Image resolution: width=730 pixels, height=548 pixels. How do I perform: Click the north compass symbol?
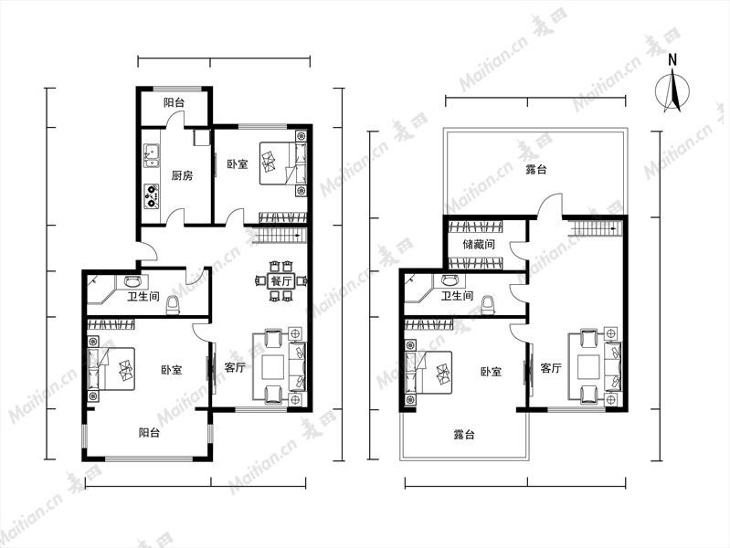tap(672, 90)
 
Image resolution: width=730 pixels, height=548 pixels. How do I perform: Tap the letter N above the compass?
tap(672, 59)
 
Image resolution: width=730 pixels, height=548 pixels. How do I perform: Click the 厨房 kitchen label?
tap(182, 175)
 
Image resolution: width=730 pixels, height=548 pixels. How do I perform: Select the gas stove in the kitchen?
tap(152, 196)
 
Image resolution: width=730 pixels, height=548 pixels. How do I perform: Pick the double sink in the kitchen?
tap(152, 155)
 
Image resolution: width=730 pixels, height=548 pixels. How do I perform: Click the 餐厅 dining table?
tap(281, 281)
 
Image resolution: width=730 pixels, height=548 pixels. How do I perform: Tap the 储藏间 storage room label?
tap(479, 244)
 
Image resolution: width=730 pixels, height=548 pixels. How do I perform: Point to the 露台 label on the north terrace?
tap(536, 170)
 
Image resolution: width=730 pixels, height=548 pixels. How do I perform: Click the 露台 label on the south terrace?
tap(464, 435)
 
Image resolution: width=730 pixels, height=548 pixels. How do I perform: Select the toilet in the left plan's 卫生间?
tap(173, 304)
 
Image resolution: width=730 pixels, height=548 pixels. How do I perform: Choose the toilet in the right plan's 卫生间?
tap(488, 305)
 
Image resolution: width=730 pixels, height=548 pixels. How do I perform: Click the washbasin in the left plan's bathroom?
tap(132, 280)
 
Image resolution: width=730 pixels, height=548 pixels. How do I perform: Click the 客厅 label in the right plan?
tap(551, 368)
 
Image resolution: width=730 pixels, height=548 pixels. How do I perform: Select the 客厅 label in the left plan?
tap(235, 367)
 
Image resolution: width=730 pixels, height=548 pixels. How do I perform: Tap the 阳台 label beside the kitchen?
tap(174, 102)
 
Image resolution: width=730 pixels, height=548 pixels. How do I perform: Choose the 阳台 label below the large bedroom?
tap(149, 433)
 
